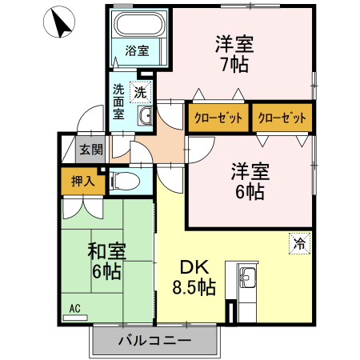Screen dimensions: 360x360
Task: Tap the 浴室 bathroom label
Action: click(137, 51)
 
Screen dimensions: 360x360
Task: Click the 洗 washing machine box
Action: click(140, 92)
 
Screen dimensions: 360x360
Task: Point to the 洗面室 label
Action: click(118, 102)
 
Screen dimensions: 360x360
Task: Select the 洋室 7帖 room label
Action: click(234, 54)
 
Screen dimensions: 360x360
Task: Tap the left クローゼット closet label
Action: click(217, 118)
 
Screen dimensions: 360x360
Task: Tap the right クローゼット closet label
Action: click(282, 118)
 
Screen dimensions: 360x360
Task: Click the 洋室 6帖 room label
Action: click(250, 181)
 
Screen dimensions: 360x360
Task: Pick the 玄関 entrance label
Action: click(90, 149)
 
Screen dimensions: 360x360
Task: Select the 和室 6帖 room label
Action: click(105, 262)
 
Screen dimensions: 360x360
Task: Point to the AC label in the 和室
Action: click(74, 308)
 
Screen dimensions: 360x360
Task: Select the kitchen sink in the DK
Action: click(246, 279)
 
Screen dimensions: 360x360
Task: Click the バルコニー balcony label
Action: click(154, 341)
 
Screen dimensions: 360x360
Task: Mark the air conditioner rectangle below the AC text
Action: click(74, 317)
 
